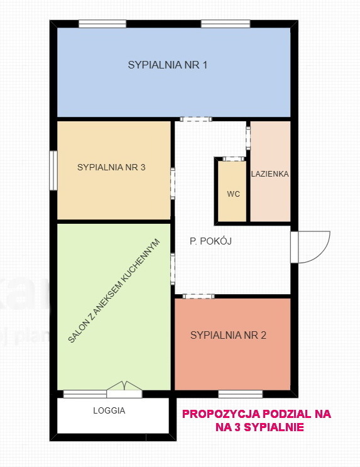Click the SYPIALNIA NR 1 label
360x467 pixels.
167,65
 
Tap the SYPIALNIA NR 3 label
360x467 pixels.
111,167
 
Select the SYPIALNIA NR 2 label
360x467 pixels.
228,336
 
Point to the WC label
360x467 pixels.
234,194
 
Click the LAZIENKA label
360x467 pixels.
270,174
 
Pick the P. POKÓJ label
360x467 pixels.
210,241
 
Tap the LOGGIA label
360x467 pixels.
109,410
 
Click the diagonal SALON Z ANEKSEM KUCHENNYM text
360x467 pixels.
114,290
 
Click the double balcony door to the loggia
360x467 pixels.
124,389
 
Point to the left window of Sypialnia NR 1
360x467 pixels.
102,24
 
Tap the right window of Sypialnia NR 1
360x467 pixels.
226,24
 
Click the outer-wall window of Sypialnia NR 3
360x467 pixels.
53,170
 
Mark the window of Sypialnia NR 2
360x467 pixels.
241,394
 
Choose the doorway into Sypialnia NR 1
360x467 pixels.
196,119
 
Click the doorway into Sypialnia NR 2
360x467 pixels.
199,296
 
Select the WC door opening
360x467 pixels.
234,159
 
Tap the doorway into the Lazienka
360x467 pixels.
248,138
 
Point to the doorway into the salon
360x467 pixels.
173,269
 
